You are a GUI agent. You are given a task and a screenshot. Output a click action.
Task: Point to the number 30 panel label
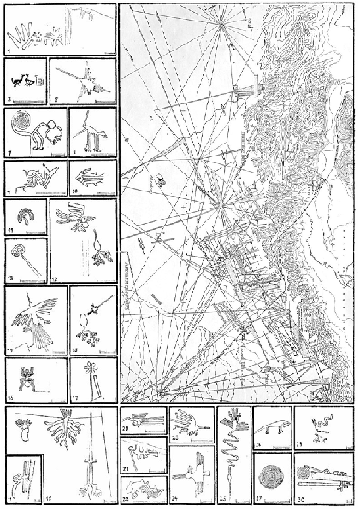[x=299, y=499]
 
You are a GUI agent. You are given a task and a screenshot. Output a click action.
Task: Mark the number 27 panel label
[x=259, y=498]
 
